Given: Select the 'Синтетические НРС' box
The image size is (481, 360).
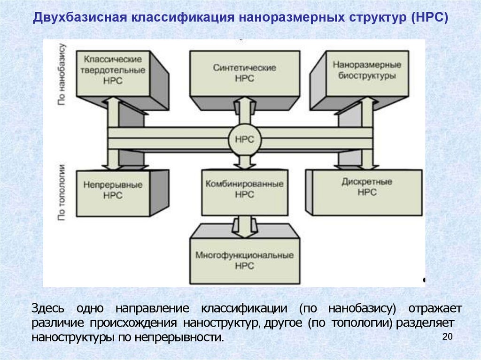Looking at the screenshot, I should (x=244, y=73).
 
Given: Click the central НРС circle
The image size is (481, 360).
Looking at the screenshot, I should (x=244, y=139).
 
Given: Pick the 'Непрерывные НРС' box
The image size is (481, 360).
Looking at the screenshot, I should (x=113, y=190).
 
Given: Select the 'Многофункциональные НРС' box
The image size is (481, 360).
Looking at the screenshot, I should (x=244, y=260).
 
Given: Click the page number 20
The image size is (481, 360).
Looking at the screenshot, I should (x=447, y=336).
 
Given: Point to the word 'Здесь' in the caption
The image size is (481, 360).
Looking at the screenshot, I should (x=46, y=309).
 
